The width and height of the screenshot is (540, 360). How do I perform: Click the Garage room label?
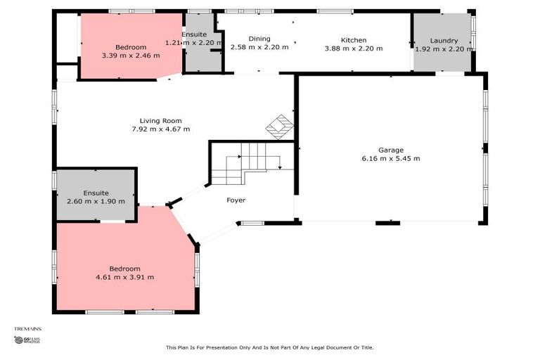(x=390, y=150)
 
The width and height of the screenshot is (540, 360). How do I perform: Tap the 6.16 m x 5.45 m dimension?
(x=390, y=158)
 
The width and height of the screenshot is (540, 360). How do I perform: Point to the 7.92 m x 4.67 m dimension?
(x=160, y=129)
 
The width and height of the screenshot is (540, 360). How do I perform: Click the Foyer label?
(x=236, y=200)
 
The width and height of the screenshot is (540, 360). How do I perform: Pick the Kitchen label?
(x=354, y=40)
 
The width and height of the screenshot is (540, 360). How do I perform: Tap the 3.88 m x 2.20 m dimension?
(x=354, y=49)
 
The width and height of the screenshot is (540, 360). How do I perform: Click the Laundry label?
(x=444, y=41)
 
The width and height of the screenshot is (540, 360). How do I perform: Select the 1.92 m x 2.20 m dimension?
(x=444, y=49)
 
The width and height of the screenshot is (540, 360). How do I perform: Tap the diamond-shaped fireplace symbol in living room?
(x=279, y=127)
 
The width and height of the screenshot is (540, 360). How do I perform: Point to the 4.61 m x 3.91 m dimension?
(x=124, y=277)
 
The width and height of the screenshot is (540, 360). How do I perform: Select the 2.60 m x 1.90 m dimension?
(x=96, y=201)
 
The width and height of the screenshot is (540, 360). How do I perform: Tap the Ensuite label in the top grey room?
(x=193, y=34)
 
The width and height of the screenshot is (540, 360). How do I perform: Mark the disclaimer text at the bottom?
(x=270, y=347)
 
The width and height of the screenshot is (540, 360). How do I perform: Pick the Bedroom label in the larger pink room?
(x=124, y=269)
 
